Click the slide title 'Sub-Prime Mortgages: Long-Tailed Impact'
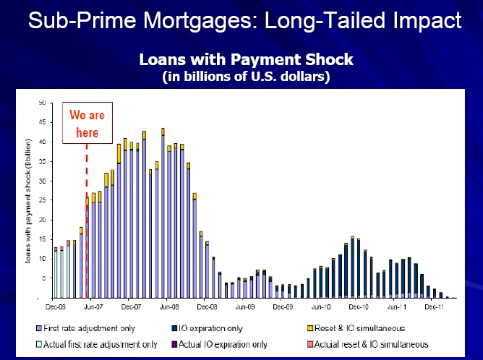pos(244,20)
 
